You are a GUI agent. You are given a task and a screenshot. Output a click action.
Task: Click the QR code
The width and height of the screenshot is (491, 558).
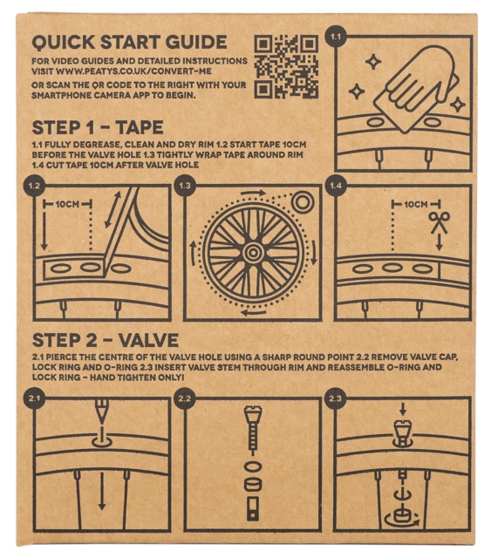[x=286, y=66]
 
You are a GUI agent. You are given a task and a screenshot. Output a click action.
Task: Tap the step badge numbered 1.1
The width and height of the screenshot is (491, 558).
[x=336, y=37]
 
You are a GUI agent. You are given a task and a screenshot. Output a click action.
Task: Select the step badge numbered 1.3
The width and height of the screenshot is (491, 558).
[x=185, y=186]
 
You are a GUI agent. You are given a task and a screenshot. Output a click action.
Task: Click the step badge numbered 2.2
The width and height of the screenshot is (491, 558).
[x=184, y=398]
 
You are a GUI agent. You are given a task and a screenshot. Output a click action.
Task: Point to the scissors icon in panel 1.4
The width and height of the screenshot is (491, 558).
[x=440, y=223]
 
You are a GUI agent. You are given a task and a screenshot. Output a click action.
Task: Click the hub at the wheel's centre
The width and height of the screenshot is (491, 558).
[x=253, y=253]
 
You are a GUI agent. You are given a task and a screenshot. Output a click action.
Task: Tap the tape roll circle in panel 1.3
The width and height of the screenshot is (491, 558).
[x=303, y=202]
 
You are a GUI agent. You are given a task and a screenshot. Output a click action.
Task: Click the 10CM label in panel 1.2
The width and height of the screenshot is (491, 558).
[x=67, y=204]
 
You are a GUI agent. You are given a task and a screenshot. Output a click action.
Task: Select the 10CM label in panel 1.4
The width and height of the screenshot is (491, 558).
[x=416, y=204]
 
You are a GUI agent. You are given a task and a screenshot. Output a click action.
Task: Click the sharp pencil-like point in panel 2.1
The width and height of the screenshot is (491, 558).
[x=102, y=412]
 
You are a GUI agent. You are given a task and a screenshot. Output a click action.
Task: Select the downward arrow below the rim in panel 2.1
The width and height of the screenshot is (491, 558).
[x=102, y=491]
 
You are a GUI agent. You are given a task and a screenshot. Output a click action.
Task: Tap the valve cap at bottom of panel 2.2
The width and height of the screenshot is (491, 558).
[x=253, y=508]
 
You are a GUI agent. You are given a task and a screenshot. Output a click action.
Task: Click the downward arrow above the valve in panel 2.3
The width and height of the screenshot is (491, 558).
[x=403, y=409]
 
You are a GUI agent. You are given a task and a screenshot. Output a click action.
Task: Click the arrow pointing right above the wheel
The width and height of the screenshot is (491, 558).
[x=254, y=194]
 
